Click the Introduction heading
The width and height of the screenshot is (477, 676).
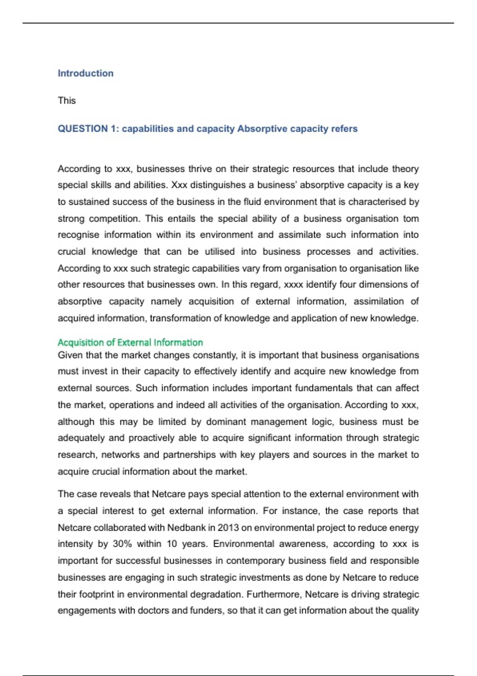pos(85,73)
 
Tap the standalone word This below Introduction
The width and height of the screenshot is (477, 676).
pos(66,101)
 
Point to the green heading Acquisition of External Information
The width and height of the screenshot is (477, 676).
pos(130,342)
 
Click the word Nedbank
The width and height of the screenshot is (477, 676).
pos(186,528)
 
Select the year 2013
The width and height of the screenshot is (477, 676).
pos(228,528)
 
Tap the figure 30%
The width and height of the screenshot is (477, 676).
pos(122,544)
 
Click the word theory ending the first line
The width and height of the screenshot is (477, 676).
pos(405,169)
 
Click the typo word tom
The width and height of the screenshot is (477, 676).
pos(411,219)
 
